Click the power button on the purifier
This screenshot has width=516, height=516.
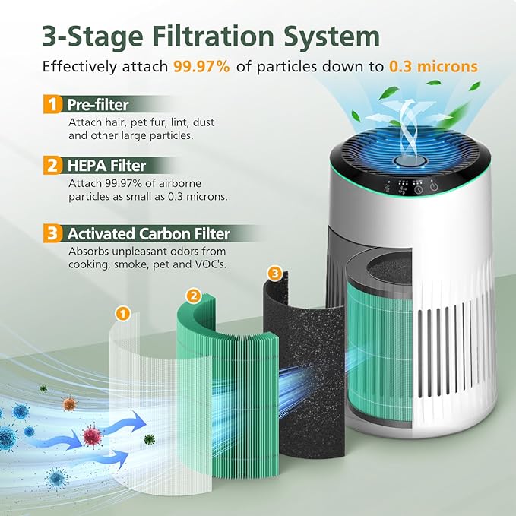tap(433, 188)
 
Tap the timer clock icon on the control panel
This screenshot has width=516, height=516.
tap(417, 188)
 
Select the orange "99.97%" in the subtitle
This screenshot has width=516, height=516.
tap(201, 66)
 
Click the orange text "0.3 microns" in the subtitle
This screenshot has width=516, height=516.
tap(433, 66)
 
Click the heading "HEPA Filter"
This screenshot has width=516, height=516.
tap(106, 165)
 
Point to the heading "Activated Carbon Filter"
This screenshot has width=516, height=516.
tap(147, 233)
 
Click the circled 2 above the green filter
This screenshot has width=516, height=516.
tap(194, 295)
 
